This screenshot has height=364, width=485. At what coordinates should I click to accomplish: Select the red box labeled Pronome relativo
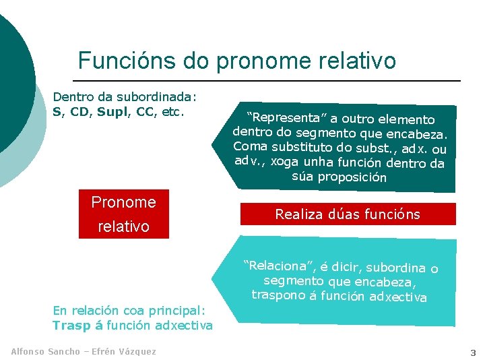[x=123, y=214]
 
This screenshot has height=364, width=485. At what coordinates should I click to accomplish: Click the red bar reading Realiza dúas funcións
[x=348, y=214]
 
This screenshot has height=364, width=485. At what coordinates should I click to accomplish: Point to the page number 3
[x=473, y=352]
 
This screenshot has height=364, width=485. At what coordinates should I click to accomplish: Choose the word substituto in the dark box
[x=302, y=146]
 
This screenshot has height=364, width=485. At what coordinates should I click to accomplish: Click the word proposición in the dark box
[x=352, y=178]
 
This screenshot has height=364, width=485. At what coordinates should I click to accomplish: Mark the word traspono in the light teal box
[x=278, y=295]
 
